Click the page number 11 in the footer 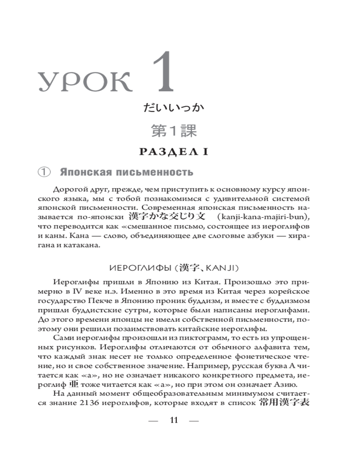173,421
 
